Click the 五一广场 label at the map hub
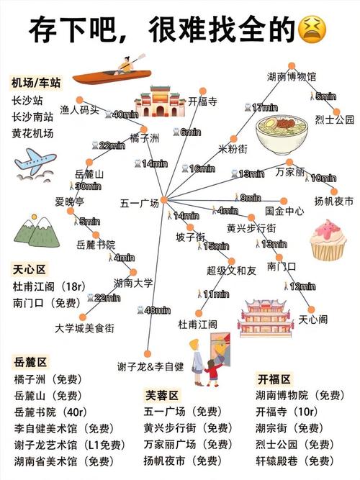(x=140, y=204)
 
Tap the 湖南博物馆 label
(x=291, y=76)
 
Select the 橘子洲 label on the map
(x=144, y=137)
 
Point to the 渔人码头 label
(x=79, y=110)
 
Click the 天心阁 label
(x=313, y=319)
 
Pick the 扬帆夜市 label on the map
(x=334, y=201)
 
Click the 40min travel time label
(x=125, y=114)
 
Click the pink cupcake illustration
(x=328, y=240)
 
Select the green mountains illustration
(x=35, y=230)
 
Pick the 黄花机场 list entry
(x=32, y=133)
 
